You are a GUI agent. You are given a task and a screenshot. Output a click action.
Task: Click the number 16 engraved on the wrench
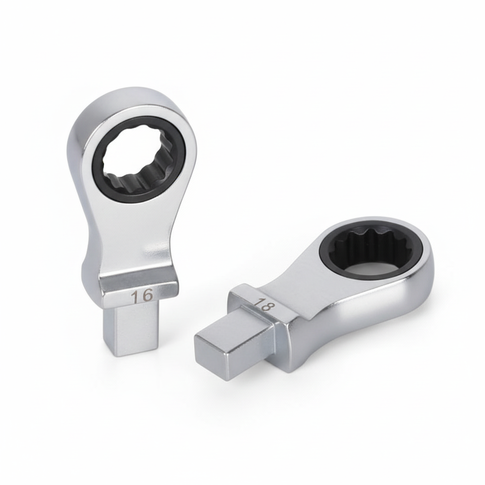[x=142, y=296]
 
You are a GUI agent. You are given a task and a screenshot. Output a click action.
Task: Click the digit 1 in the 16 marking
[x=135, y=297]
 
